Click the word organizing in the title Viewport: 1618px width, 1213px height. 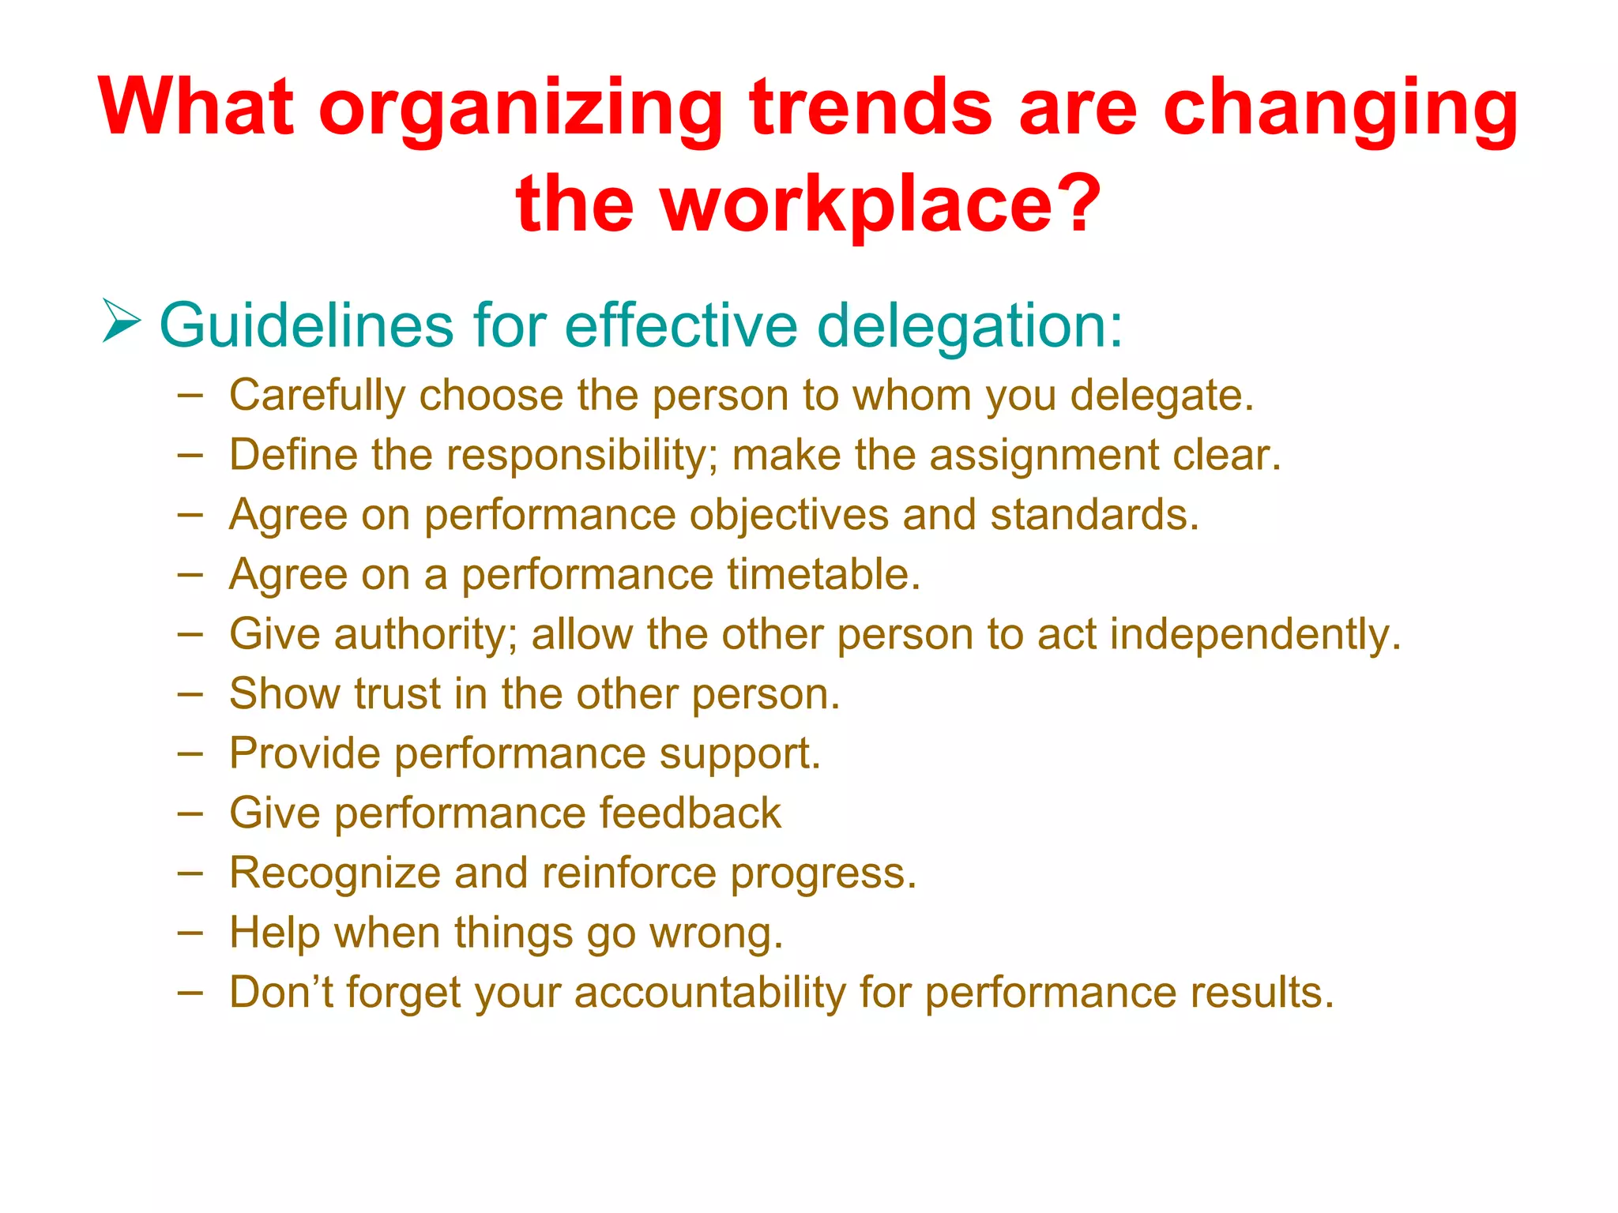coord(521,111)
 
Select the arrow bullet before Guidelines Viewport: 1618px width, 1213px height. coord(122,321)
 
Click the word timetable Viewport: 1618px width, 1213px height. coord(823,574)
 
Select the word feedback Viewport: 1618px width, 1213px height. coord(690,813)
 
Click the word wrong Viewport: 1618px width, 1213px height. coord(716,933)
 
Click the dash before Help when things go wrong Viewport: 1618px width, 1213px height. coord(190,933)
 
